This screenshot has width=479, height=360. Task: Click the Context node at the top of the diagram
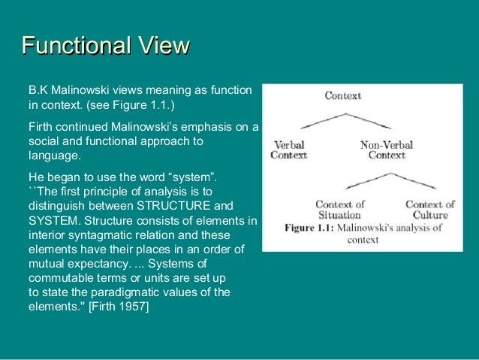click(x=342, y=95)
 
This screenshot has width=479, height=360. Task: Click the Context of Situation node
click(x=339, y=210)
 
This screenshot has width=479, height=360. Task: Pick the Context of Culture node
click(x=429, y=210)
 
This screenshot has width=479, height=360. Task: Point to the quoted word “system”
click(x=194, y=177)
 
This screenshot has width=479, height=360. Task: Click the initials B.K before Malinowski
click(x=38, y=90)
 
